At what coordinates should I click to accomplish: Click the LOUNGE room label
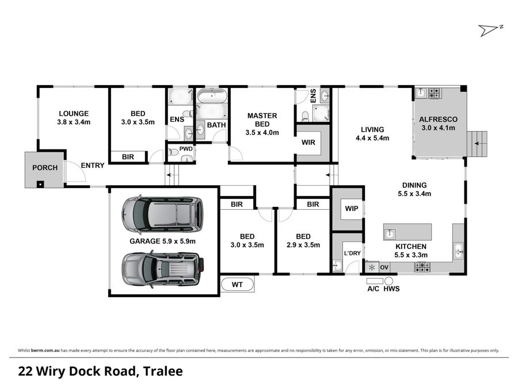point(73,113)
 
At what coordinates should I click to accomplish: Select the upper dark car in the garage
point(161,214)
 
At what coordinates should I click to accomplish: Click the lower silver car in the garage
point(161,269)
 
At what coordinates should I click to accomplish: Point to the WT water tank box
point(237,285)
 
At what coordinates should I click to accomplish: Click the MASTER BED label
point(262,120)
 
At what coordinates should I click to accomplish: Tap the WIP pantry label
point(350,209)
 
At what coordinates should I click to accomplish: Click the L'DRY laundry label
point(351,253)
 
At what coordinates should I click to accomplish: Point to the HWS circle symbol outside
point(389,281)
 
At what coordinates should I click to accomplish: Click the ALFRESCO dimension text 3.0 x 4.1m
point(438,128)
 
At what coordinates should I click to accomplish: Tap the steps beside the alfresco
point(477,144)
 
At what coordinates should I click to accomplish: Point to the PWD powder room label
point(186,149)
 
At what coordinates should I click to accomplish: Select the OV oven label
point(384,267)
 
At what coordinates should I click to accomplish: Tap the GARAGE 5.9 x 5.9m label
point(162,241)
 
